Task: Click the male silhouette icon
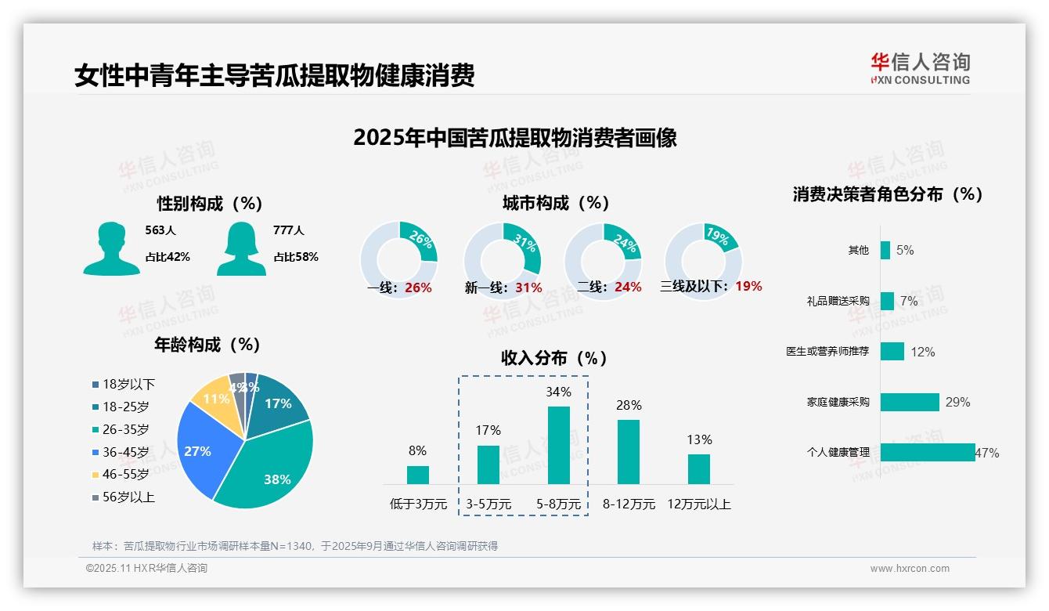point(111,248)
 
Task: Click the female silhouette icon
point(241,248)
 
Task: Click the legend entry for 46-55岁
point(125,474)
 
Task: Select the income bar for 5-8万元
point(558,445)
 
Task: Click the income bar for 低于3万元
point(417,475)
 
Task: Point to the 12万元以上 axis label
point(699,504)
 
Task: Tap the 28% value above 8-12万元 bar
point(629,405)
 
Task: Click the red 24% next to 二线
point(628,287)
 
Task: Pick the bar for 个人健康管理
point(928,452)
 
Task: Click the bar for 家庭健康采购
point(910,402)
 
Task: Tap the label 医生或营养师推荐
point(827,352)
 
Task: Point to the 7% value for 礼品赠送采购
point(909,301)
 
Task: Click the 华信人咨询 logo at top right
point(920,68)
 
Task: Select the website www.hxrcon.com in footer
point(910,569)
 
